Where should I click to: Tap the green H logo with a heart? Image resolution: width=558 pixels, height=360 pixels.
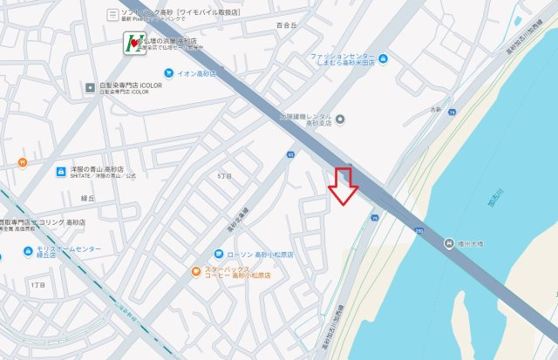(x=133, y=42)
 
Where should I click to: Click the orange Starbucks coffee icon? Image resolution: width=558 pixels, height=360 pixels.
(x=198, y=271)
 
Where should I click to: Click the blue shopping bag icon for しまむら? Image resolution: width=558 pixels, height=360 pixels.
(x=383, y=58)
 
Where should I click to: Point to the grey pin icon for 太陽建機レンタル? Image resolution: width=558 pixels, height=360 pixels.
(x=340, y=119)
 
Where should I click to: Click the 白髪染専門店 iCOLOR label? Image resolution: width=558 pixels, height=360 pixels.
(x=126, y=87)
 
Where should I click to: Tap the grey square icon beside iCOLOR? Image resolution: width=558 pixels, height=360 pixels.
(x=90, y=87)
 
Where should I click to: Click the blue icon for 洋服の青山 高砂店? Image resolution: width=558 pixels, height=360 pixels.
(x=61, y=172)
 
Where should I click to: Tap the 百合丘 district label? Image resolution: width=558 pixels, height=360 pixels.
(x=285, y=26)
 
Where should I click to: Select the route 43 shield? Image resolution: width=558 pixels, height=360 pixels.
(x=289, y=153)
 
